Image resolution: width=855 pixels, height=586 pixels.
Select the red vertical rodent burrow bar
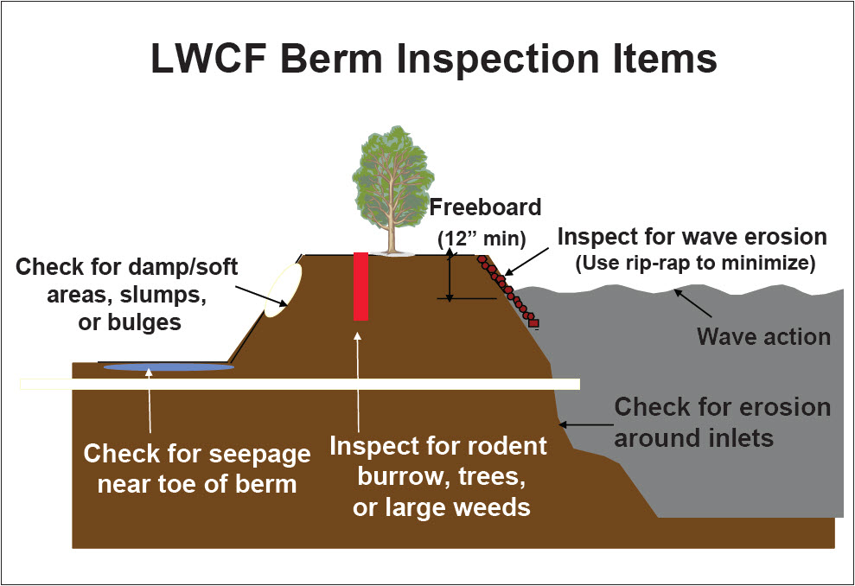[x=361, y=286]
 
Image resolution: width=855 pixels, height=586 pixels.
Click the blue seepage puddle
[x=169, y=367]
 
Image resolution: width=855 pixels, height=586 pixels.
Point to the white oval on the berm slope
[x=284, y=290]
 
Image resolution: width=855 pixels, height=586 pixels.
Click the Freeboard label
[x=486, y=207]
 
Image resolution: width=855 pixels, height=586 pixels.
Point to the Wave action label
[x=763, y=335]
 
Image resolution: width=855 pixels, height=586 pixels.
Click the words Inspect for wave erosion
[x=692, y=236]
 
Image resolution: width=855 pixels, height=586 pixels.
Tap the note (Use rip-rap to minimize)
[x=695, y=264]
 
